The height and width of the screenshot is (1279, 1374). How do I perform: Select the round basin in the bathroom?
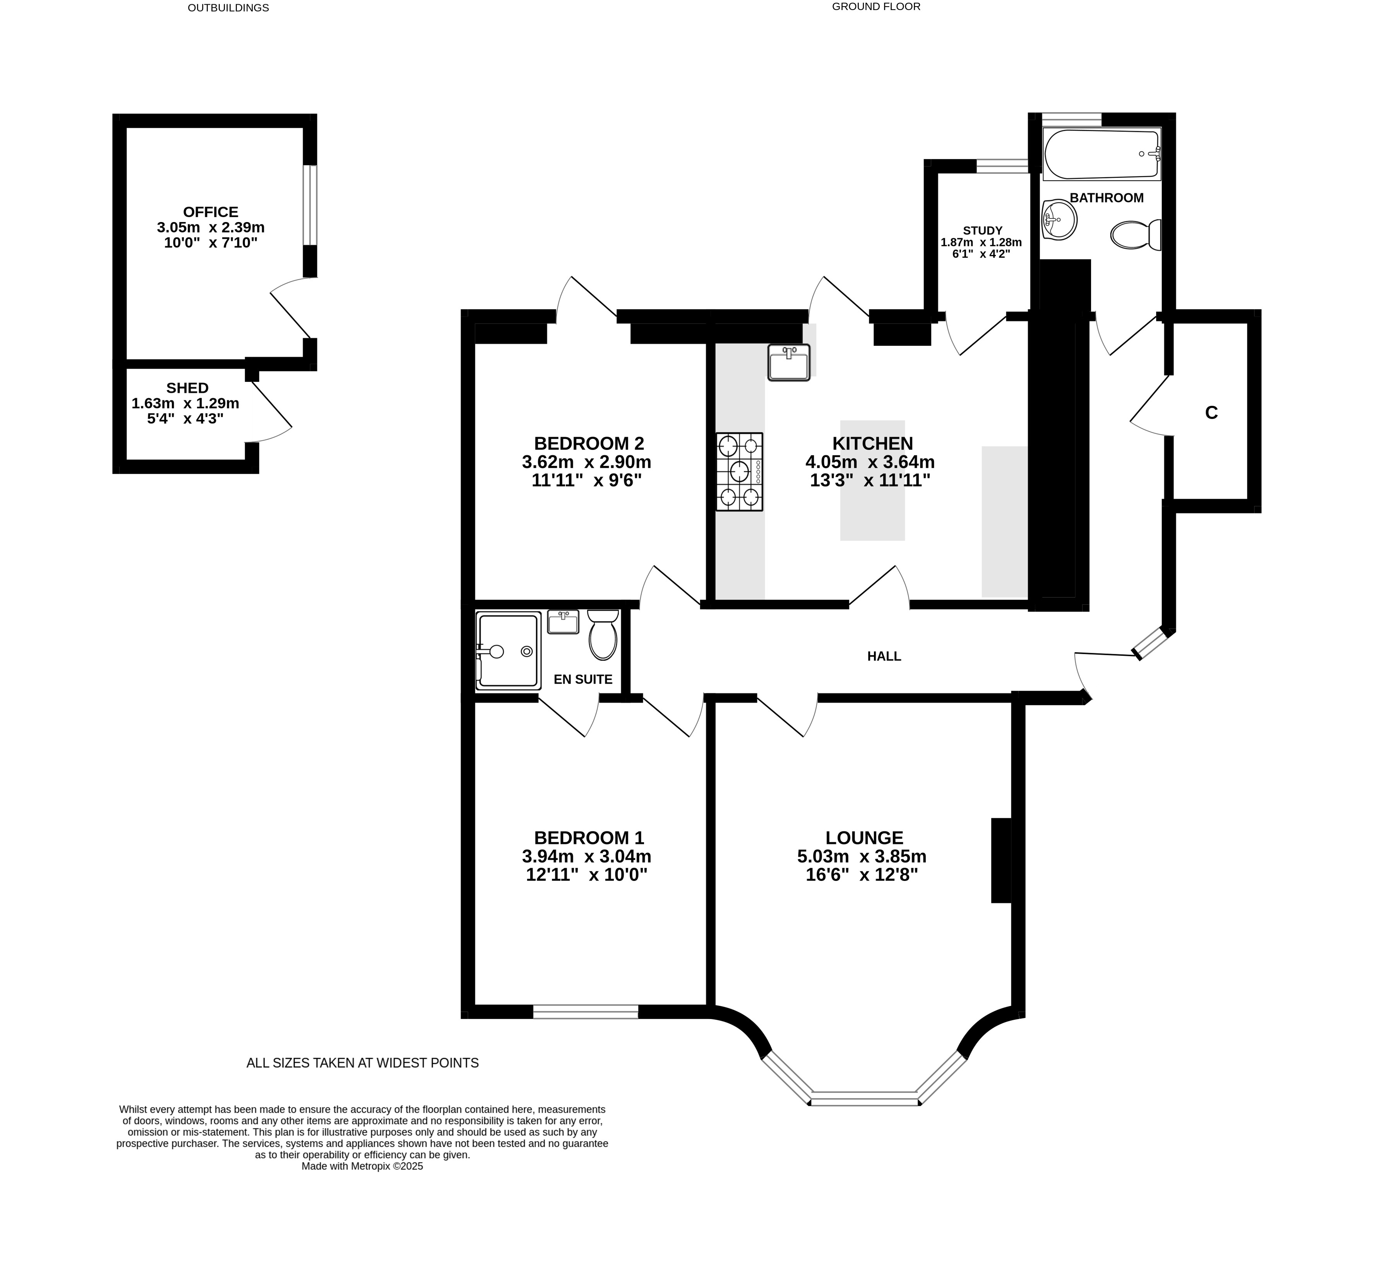1059,220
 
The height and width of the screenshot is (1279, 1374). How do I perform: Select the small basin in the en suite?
563,622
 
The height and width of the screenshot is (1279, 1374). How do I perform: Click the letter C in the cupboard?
1211,412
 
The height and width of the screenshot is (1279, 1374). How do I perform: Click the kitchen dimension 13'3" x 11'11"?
870,480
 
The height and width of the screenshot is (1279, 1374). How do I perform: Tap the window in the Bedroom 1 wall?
585,1012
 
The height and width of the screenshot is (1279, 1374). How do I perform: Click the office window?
310,205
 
